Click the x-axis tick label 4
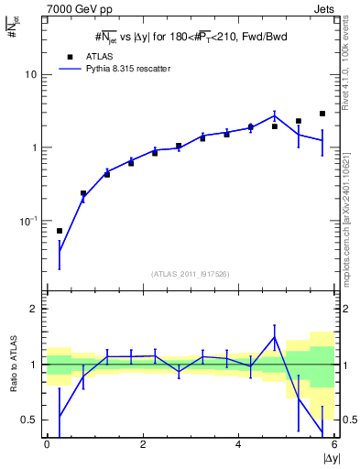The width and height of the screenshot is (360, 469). [x=238, y=444]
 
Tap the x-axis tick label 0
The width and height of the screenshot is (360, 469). [x=47, y=444]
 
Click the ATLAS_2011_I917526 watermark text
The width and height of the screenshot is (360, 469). [x=190, y=274]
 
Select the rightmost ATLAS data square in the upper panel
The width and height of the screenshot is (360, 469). [x=322, y=114]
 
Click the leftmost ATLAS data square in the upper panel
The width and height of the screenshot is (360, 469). [x=60, y=231]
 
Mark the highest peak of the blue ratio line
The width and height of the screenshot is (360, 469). [x=274, y=337]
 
